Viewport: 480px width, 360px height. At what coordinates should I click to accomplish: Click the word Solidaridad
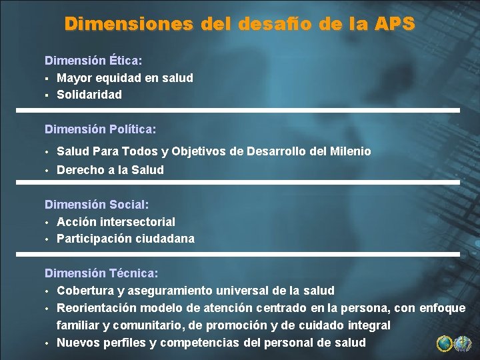[x=89, y=95]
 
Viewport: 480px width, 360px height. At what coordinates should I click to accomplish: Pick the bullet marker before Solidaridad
[x=47, y=95]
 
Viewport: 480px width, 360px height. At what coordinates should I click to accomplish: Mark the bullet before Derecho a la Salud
[x=47, y=170]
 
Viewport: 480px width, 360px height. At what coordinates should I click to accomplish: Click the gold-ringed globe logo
[x=445, y=343]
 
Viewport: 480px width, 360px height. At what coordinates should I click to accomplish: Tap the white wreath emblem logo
[x=463, y=343]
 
